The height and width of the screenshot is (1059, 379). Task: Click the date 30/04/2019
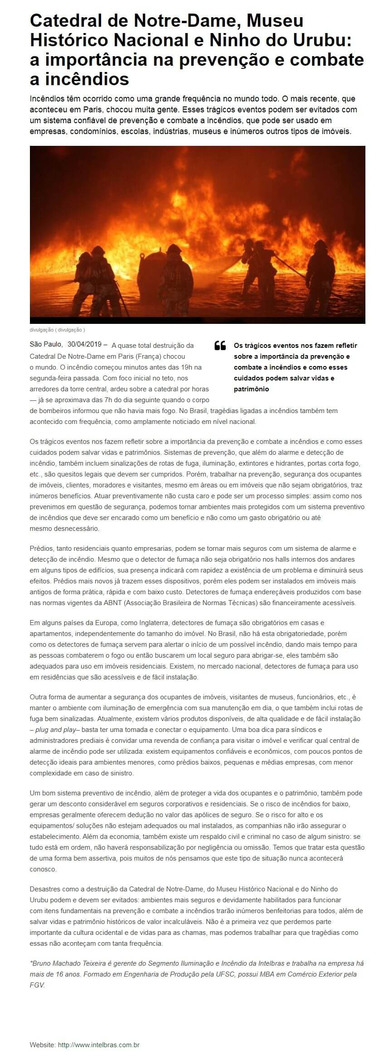point(85,345)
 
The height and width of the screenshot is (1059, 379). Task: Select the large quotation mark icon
point(220,346)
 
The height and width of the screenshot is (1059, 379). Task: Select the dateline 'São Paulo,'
point(46,345)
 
